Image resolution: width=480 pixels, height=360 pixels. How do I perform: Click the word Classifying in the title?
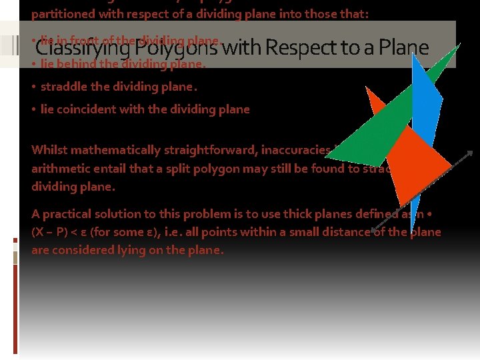click(x=82, y=47)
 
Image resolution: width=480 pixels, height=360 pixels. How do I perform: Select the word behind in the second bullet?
click(x=77, y=65)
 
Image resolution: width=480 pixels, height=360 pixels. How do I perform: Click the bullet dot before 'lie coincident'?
click(x=33, y=109)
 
